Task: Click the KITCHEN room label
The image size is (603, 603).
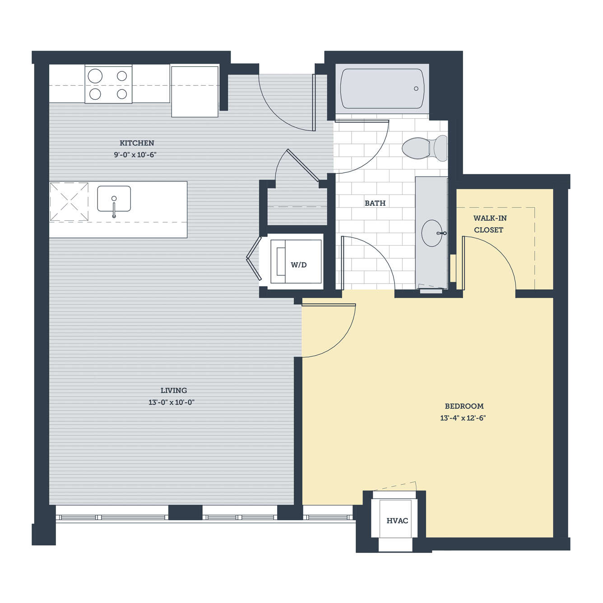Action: [x=137, y=143]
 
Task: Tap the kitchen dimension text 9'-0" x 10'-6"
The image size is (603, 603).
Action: [x=135, y=154]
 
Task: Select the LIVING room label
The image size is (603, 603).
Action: [x=174, y=390]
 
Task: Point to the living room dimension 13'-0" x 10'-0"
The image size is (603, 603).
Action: [x=172, y=402]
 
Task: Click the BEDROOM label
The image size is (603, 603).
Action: [x=464, y=406]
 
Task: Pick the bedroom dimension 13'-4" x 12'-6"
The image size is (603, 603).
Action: [x=463, y=418]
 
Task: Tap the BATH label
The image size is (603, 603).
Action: [x=375, y=203]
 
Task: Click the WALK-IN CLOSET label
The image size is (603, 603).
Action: [x=490, y=224]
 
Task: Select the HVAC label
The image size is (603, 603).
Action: [x=397, y=521]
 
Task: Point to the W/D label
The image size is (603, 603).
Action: [x=298, y=265]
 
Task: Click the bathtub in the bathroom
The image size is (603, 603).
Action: [x=382, y=88]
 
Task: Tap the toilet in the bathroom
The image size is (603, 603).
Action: [x=425, y=148]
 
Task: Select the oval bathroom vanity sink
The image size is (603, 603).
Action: [x=432, y=233]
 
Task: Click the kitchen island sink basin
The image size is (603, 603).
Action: [x=114, y=199]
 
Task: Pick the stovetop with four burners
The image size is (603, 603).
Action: [x=108, y=84]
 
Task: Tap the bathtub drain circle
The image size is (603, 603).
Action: [x=416, y=88]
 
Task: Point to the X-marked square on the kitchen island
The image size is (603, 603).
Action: [x=69, y=202]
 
